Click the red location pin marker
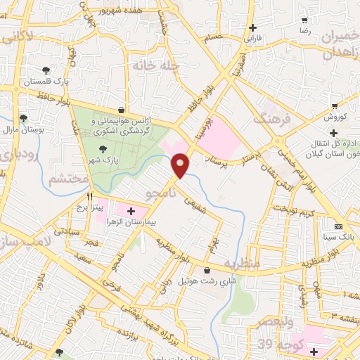click(x=180, y=165)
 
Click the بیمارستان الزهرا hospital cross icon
click(x=131, y=210)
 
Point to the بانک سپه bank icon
click(x=339, y=226)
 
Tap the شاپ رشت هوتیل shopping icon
click(x=206, y=271)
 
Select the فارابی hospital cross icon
click(x=252, y=27)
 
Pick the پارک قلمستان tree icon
click(x=46, y=70)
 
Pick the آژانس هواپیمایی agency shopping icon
click(x=123, y=110)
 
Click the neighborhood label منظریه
click(x=243, y=264)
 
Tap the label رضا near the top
click(x=304, y=31)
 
